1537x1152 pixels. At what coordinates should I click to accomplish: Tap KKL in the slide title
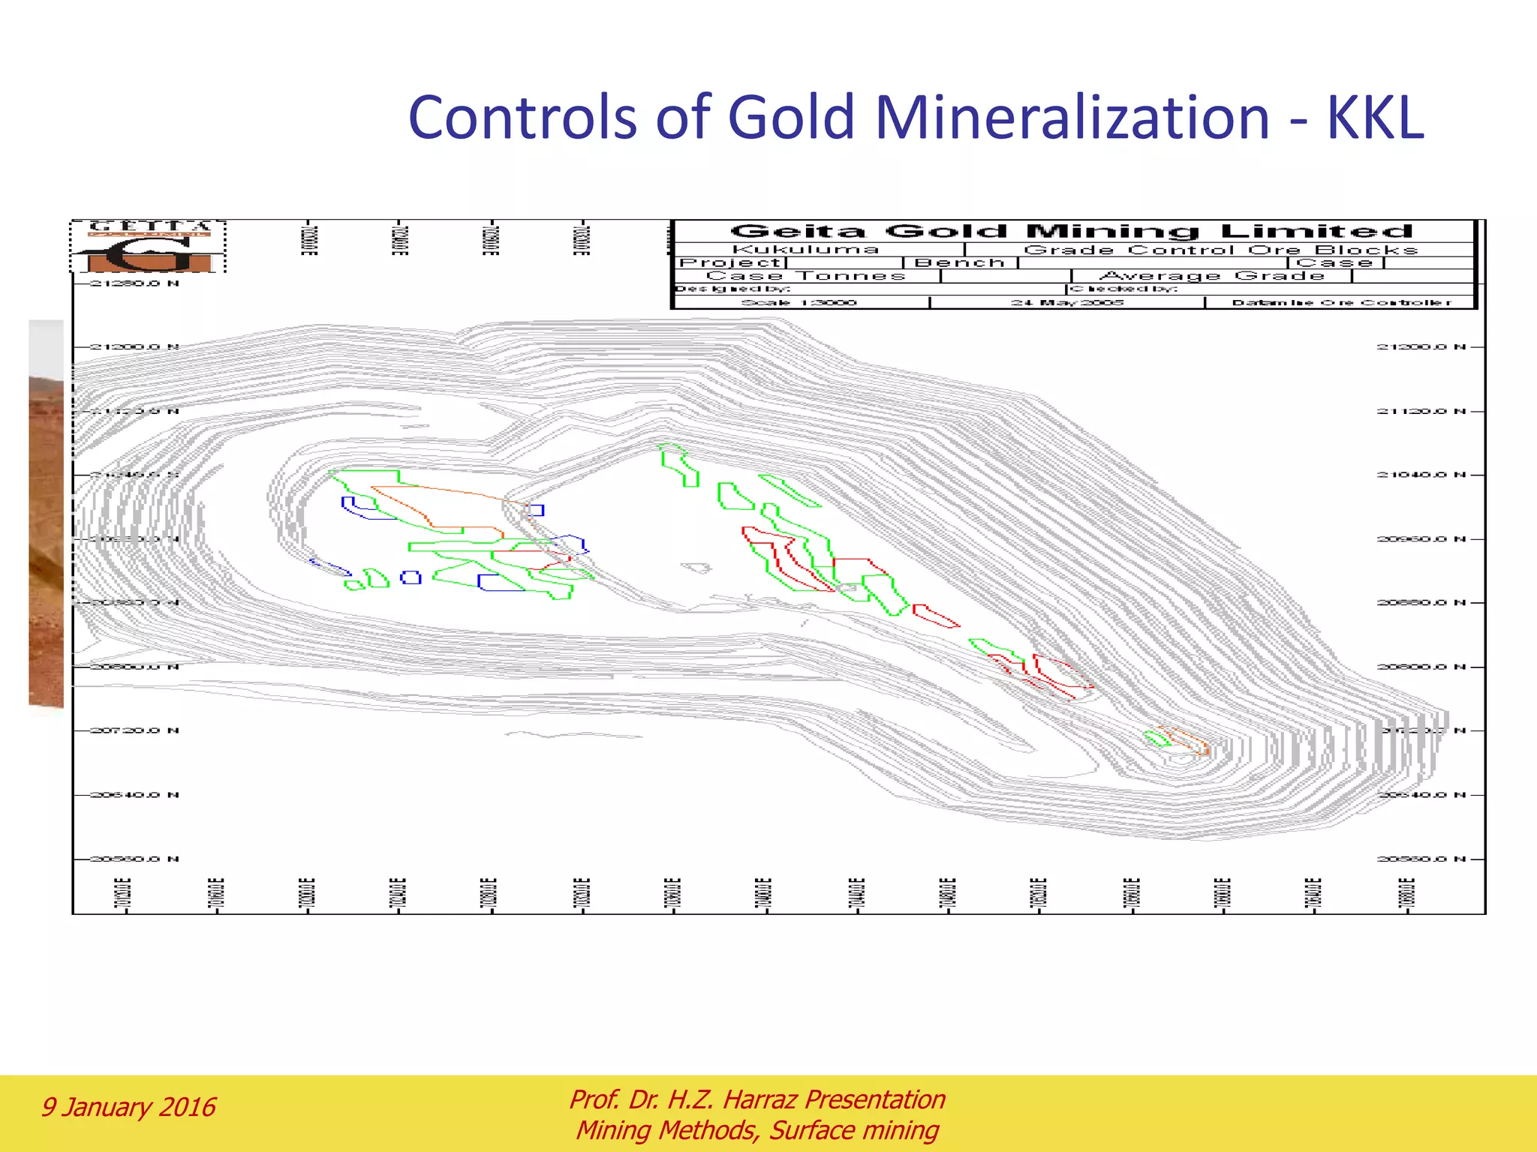pyautogui.click(x=1375, y=118)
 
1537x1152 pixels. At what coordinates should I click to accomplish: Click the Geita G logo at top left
pyautogui.click(x=149, y=247)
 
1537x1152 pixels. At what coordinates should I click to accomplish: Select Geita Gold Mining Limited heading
pyautogui.click(x=1072, y=231)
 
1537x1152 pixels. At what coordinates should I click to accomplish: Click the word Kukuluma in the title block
pyautogui.click(x=805, y=250)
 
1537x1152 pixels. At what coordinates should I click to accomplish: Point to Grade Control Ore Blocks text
pyautogui.click(x=1220, y=250)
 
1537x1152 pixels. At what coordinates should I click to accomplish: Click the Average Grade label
pyautogui.click(x=1211, y=276)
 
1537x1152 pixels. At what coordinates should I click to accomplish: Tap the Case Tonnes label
pyautogui.click(x=805, y=276)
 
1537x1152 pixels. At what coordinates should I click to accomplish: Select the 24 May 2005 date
pyautogui.click(x=1066, y=303)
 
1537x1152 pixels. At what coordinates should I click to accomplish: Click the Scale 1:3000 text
pyautogui.click(x=799, y=303)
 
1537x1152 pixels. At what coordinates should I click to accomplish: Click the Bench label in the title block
pyautogui.click(x=959, y=263)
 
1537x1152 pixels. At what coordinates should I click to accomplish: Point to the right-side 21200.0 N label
pyautogui.click(x=1421, y=347)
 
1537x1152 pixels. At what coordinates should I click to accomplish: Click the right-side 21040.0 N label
pyautogui.click(x=1421, y=475)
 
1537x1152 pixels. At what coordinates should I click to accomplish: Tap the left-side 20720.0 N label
pyautogui.click(x=134, y=730)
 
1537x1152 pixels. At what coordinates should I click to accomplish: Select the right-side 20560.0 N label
pyautogui.click(x=1421, y=859)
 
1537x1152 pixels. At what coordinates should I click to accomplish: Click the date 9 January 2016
pyautogui.click(x=128, y=1107)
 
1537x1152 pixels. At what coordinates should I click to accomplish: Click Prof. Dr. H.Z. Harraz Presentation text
pyautogui.click(x=756, y=1099)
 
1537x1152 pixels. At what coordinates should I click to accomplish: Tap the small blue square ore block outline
pyautogui.click(x=411, y=577)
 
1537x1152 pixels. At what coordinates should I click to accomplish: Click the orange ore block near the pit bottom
pyautogui.click(x=1186, y=739)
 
